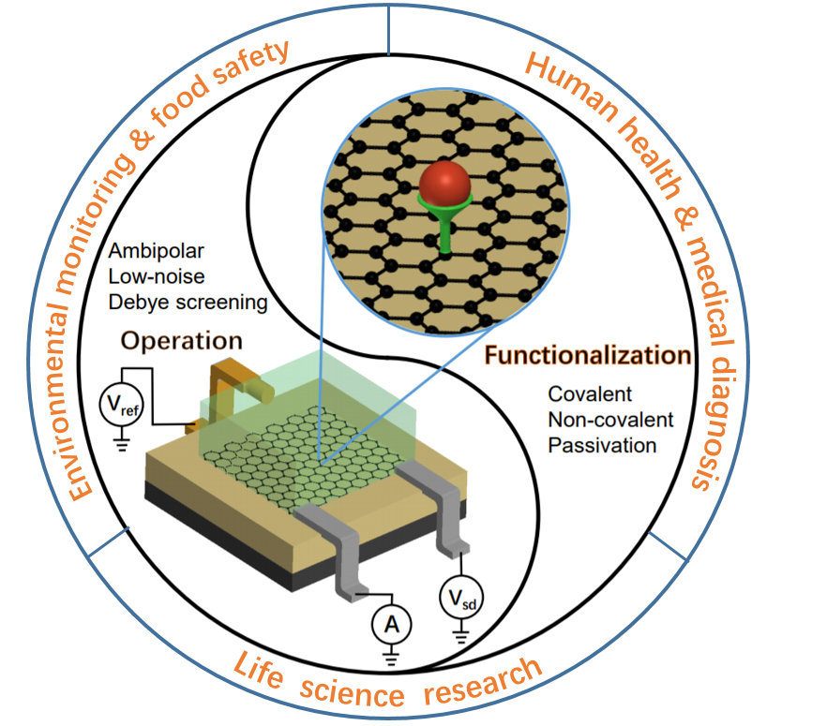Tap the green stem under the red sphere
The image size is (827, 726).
pos(444,229)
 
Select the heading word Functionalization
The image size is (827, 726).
pos(588,356)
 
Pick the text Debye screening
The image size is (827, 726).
pos(188,303)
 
